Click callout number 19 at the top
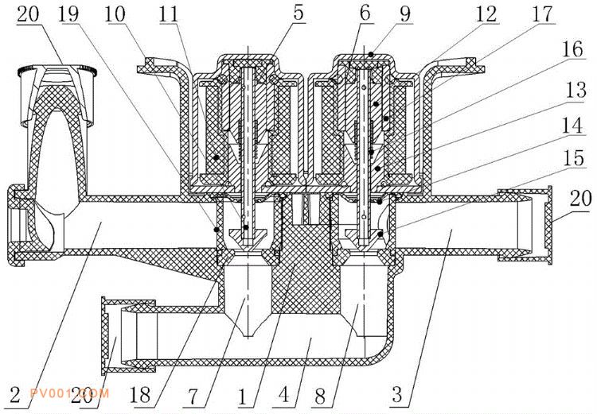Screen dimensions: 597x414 [x=68, y=14]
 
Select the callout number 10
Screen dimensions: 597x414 [x=115, y=14]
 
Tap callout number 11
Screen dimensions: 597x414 [x=169, y=14]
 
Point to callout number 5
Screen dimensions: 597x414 [x=298, y=13]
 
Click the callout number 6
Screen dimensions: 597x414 [x=365, y=14]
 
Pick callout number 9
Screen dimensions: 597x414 [x=405, y=14]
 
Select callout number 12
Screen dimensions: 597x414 [x=486, y=14]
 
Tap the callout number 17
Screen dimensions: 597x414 [x=542, y=14]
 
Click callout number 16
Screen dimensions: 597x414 [x=573, y=49]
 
